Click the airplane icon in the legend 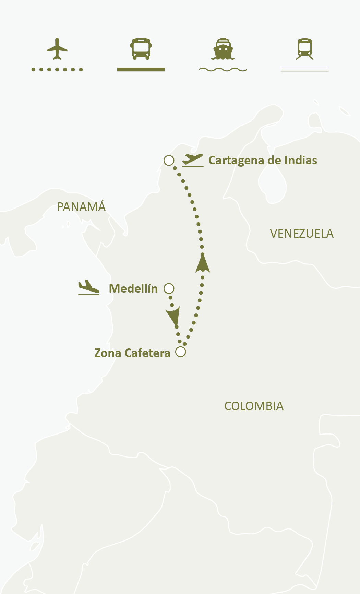[57, 49]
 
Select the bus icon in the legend [141, 49]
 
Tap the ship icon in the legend [223, 49]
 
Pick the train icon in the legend [305, 49]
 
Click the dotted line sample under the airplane [57, 70]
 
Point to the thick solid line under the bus [141, 70]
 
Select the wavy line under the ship [223, 70]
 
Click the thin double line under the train [305, 70]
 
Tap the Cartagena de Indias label [263, 160]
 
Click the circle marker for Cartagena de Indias [169, 160]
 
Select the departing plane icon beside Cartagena [193, 160]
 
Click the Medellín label [133, 288]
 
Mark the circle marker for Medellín [169, 288]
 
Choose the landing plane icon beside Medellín [88, 287]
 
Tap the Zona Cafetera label [132, 353]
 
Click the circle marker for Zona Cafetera [181, 352]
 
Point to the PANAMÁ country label [81, 207]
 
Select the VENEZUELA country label [302, 234]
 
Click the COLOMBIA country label [254, 406]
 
